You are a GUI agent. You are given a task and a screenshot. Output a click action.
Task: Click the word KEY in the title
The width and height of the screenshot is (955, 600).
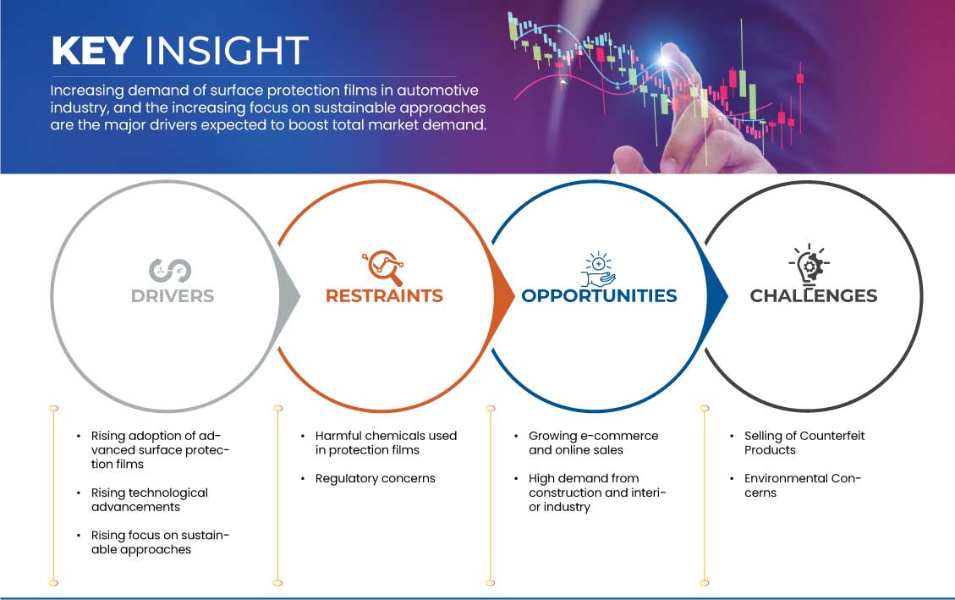click(x=92, y=50)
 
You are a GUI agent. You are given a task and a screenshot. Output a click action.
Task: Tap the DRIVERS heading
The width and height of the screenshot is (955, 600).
click(x=173, y=296)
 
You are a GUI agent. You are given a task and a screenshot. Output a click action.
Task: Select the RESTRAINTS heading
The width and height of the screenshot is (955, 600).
click(x=384, y=296)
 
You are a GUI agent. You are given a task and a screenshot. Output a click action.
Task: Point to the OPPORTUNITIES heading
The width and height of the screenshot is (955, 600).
click(x=600, y=296)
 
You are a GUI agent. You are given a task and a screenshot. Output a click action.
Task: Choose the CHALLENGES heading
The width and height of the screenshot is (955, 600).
click(x=814, y=296)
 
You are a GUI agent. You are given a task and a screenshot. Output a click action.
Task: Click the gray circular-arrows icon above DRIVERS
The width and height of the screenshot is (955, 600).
click(x=170, y=271)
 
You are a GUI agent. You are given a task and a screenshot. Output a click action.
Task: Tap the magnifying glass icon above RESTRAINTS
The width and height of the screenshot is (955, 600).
click(x=383, y=267)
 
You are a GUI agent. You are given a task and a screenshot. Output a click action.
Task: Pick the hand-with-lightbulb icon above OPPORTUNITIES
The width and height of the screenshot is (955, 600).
click(x=598, y=268)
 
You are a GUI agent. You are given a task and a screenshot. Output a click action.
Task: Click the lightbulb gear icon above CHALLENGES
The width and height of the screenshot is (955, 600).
click(x=810, y=265)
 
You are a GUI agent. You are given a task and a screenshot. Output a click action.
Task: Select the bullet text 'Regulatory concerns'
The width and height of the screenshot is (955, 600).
click(x=376, y=479)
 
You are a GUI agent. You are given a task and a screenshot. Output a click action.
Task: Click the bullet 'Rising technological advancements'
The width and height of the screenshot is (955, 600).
click(x=150, y=500)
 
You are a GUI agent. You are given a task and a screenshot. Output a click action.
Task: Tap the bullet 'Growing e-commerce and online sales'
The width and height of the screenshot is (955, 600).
click(x=593, y=443)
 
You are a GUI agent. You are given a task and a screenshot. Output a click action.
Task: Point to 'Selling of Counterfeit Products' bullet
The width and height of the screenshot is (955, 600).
click(x=804, y=443)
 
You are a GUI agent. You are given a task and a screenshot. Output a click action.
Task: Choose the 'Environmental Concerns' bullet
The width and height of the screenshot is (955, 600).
click(x=802, y=486)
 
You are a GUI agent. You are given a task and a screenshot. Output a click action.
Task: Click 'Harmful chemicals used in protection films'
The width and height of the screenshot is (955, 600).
click(x=386, y=443)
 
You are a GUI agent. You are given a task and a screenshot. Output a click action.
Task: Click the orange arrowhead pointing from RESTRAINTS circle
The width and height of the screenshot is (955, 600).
click(x=503, y=297)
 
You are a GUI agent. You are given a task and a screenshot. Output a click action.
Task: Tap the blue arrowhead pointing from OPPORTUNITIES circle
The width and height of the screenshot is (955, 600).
click(x=716, y=297)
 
